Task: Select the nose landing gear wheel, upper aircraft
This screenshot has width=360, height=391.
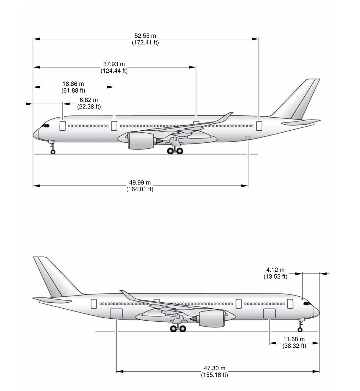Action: (x=53, y=152)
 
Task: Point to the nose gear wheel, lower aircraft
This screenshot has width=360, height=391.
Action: (x=300, y=329)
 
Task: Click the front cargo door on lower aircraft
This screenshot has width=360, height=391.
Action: (x=269, y=313)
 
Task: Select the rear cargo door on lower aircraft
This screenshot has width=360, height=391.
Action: (x=116, y=313)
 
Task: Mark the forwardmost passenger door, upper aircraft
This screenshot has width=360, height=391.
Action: (x=63, y=125)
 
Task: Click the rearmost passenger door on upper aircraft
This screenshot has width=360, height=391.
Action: (x=259, y=125)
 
